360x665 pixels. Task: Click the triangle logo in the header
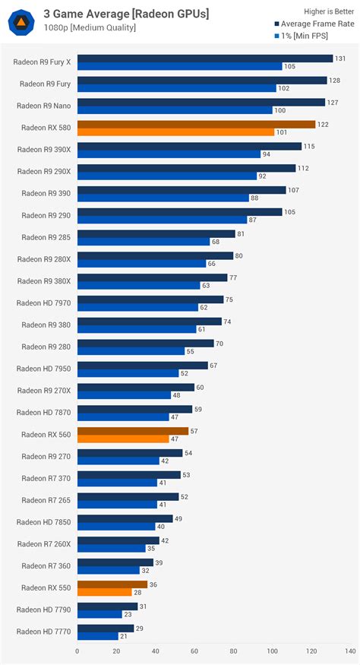pyautogui.click(x=21, y=21)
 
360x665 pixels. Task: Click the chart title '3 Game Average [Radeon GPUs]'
pyautogui.click(x=125, y=14)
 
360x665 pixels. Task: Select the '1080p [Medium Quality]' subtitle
pyautogui.click(x=90, y=28)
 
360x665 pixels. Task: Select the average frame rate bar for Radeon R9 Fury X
pyautogui.click(x=205, y=59)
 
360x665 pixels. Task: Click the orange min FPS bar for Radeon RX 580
pyautogui.click(x=175, y=132)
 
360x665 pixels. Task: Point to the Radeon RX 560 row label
pyautogui.click(x=46, y=435)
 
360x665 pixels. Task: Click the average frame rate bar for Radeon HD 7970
pyautogui.click(x=150, y=299)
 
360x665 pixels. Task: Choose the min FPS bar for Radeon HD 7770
pyautogui.click(x=97, y=636)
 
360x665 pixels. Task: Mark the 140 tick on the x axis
pyautogui.click(x=350, y=651)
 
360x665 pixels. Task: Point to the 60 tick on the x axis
pyautogui.click(x=194, y=651)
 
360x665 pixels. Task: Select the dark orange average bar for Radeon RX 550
pyautogui.click(x=112, y=584)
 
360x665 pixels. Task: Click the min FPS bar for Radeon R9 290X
pyautogui.click(x=166, y=176)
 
